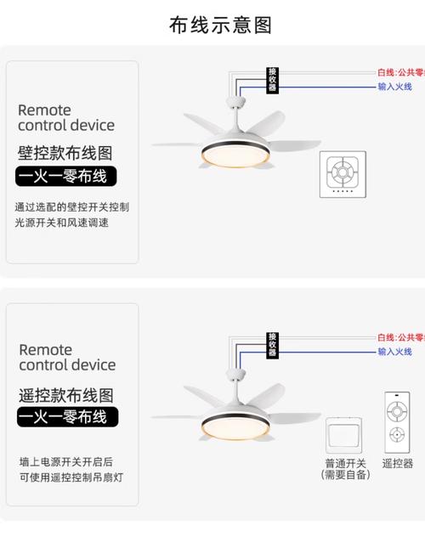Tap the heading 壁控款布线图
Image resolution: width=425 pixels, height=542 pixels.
[65, 154]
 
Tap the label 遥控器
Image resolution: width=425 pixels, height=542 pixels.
[397, 464]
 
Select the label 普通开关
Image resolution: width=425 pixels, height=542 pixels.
[345, 464]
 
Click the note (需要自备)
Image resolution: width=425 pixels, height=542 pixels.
[345, 475]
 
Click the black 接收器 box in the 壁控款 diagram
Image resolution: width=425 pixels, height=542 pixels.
[272, 80]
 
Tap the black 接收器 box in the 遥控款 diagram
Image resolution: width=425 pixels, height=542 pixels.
[272, 344]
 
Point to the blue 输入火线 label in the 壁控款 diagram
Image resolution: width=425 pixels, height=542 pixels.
[395, 87]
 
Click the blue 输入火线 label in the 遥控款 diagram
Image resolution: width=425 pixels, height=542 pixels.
[395, 351]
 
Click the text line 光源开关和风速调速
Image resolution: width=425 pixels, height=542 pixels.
[61, 223]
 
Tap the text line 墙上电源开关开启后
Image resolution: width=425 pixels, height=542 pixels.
[65, 462]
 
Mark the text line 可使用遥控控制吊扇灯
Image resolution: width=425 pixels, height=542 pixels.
[71, 477]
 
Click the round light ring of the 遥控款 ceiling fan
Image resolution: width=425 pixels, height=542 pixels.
[233, 420]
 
